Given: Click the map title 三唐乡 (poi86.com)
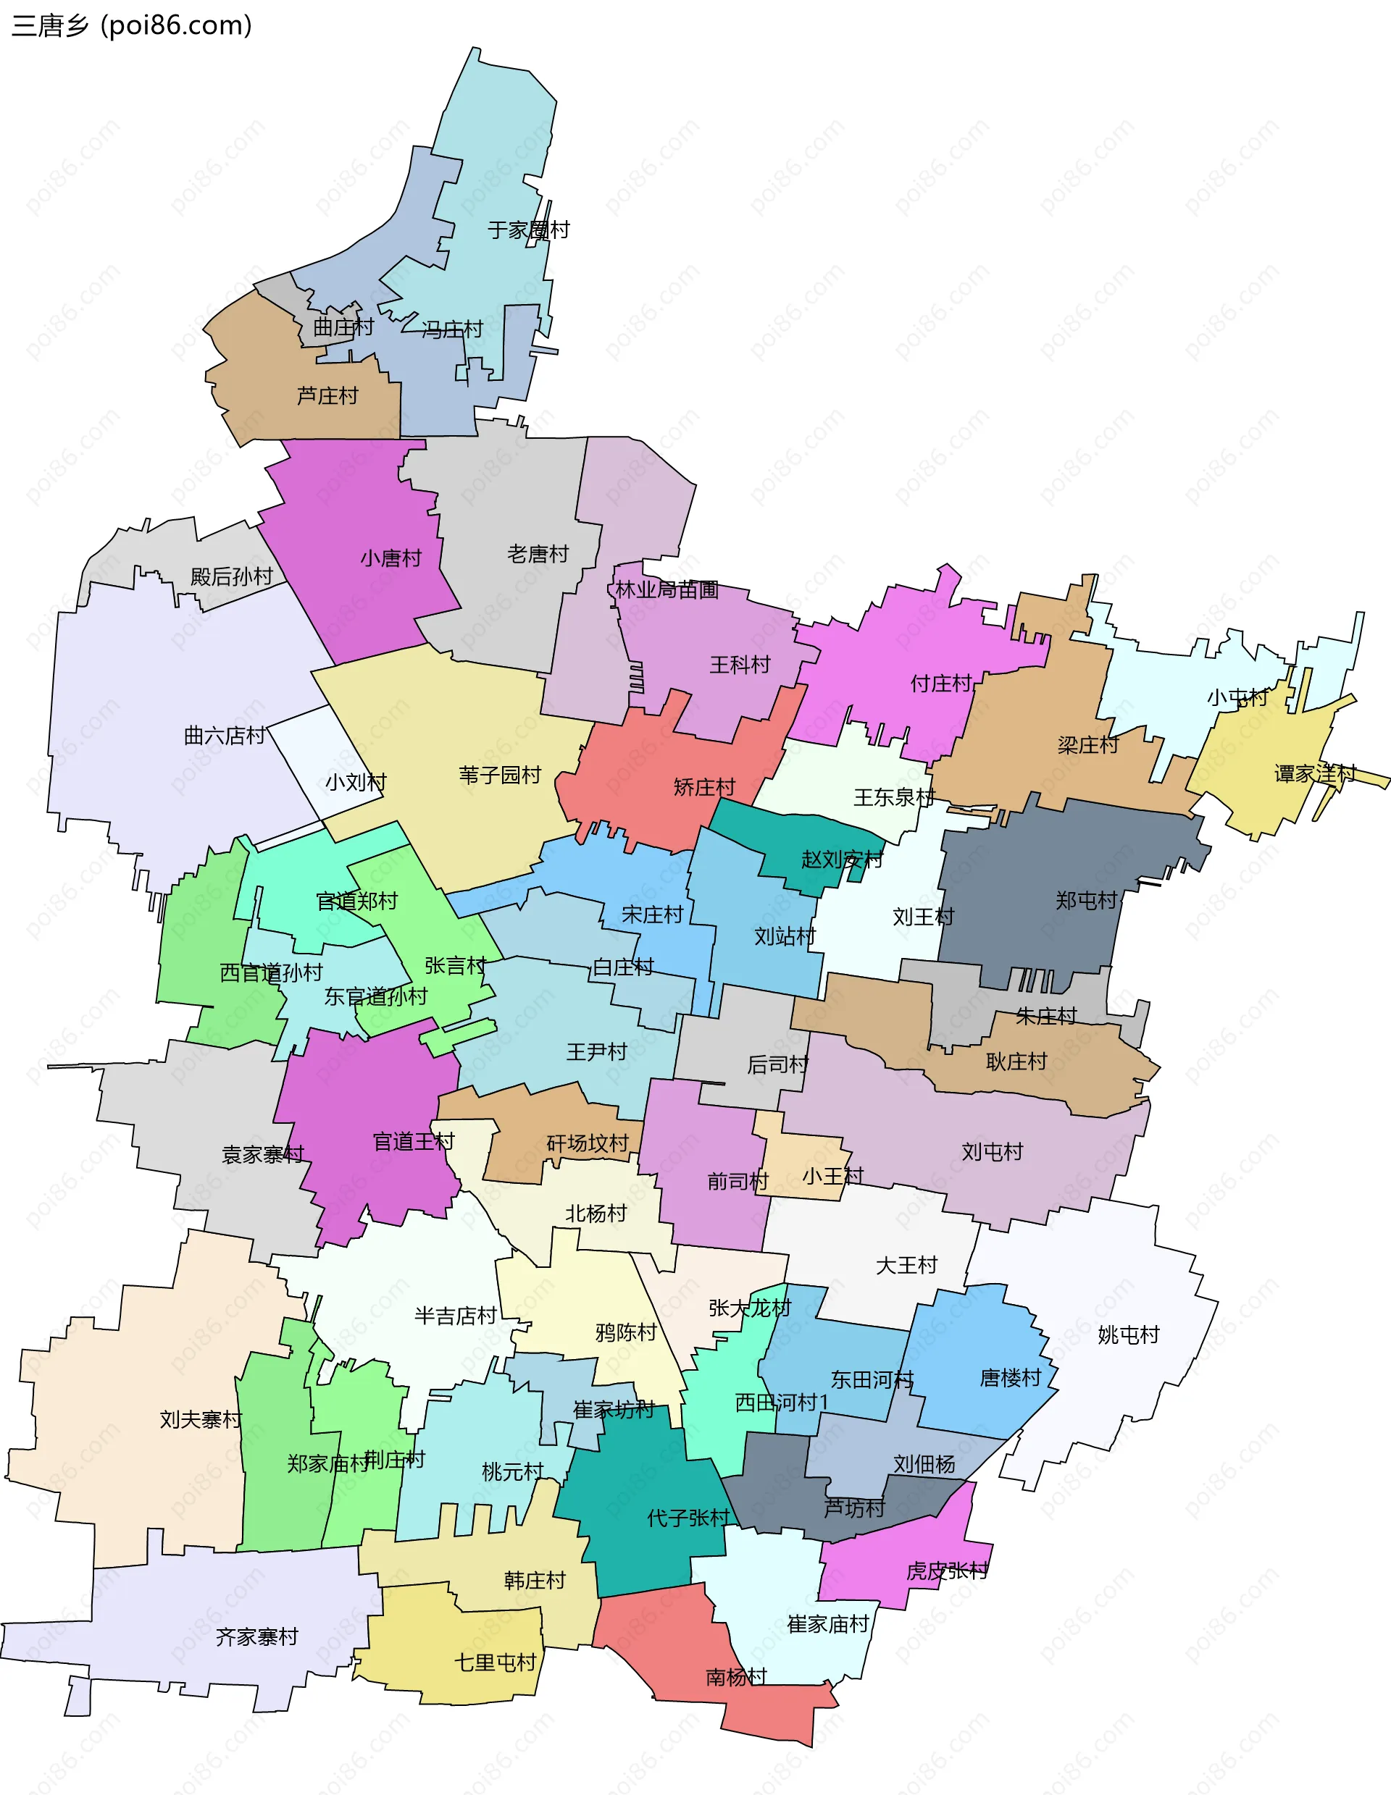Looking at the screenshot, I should [132, 25].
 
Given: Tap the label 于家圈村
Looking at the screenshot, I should [528, 230].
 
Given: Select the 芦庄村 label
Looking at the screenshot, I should [327, 396].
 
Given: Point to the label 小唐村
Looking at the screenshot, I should [390, 559].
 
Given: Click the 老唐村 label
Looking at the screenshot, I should [538, 554].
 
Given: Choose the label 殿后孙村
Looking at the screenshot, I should [231, 577].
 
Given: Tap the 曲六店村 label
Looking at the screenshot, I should [225, 736].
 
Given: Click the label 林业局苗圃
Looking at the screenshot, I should [667, 589].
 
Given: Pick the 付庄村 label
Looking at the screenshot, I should [940, 683].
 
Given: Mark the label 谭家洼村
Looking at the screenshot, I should [1314, 773].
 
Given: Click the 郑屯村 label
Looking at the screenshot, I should [1086, 901].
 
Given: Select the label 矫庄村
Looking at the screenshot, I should [703, 787].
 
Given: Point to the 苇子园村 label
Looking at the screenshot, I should [500, 775].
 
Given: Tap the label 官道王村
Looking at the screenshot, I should [413, 1142].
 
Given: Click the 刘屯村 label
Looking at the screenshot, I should [993, 1151].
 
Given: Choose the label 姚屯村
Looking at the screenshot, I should [1128, 1334].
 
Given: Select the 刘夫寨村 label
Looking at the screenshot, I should [201, 1419].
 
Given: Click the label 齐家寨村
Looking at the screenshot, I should [256, 1637].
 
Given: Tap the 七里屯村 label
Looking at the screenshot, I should [495, 1662].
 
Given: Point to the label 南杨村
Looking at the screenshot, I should [736, 1677].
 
